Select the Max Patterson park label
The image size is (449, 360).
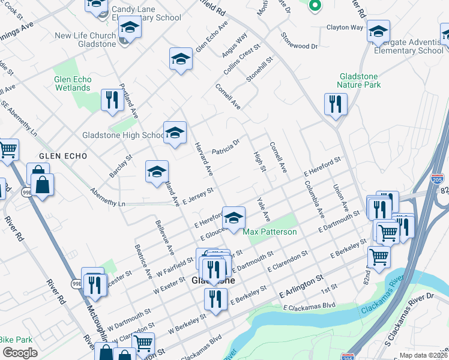click(x=270, y=232)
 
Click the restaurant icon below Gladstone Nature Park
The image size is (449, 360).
click(x=336, y=104)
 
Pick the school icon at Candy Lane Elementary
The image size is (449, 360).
click(x=129, y=27)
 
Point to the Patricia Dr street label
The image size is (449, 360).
click(x=226, y=147)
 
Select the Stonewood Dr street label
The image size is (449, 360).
click(x=298, y=46)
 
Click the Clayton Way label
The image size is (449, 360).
click(x=345, y=28)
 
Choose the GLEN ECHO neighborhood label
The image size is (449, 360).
click(x=63, y=156)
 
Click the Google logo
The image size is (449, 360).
click(x=20, y=353)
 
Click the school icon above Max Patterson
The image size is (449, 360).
click(x=234, y=217)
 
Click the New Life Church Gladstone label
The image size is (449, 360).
click(x=85, y=40)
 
